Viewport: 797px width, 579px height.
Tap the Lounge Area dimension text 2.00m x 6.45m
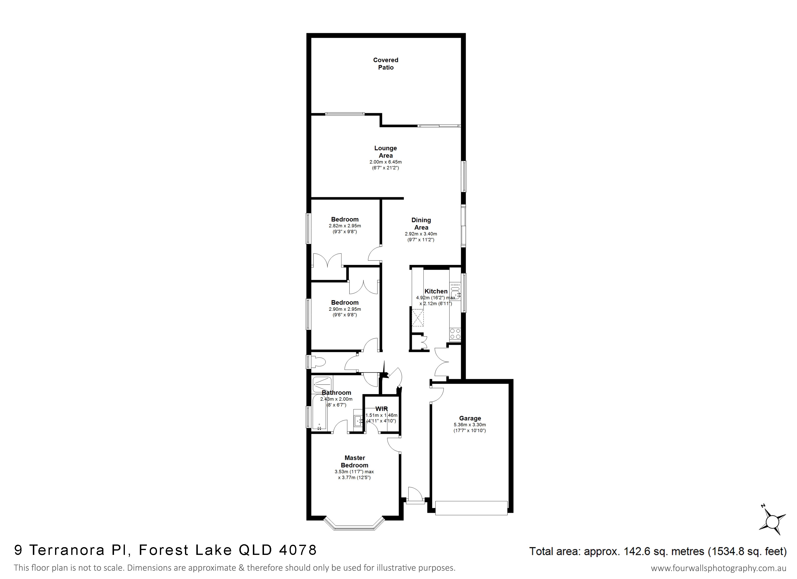pos(385,162)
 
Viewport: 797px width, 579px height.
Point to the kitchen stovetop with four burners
pos(455,334)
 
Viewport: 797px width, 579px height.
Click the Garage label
pos(470,418)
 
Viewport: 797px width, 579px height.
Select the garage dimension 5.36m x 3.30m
pos(470,425)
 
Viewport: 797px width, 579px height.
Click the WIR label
pos(381,409)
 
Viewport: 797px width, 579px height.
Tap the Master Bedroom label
pos(355,461)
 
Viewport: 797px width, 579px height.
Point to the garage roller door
pos(471,508)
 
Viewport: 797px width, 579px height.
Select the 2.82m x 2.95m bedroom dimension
pos(345,226)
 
